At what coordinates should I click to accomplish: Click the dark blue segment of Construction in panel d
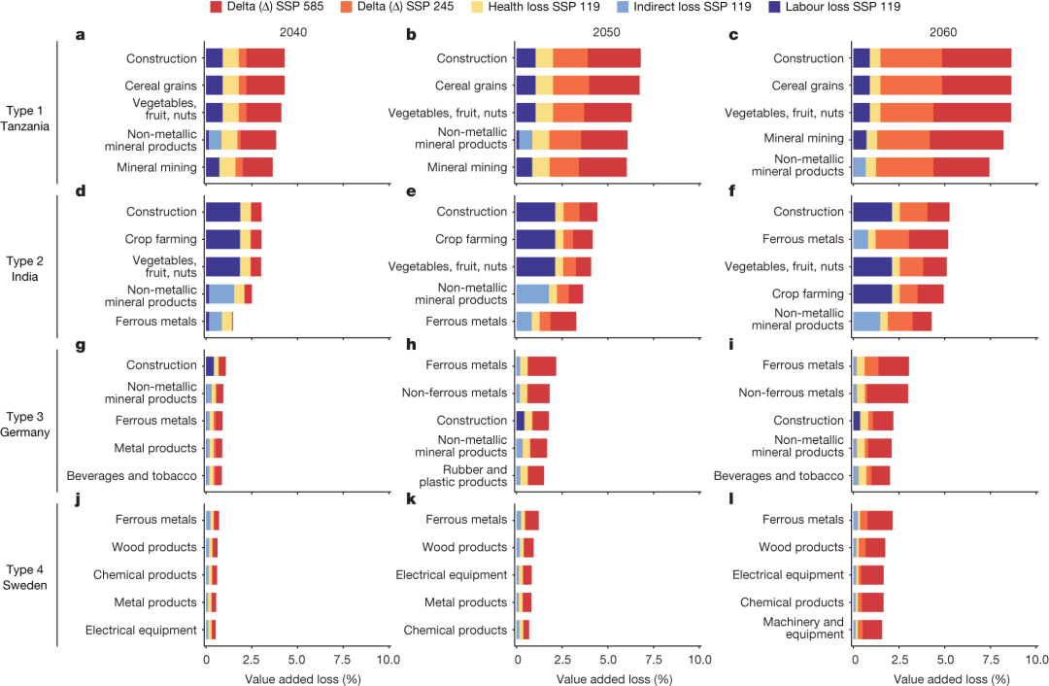click(x=222, y=212)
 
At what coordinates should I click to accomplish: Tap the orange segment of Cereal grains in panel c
click(x=910, y=86)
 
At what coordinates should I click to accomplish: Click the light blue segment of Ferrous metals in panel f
click(x=860, y=239)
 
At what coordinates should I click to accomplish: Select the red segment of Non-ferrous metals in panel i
click(x=887, y=393)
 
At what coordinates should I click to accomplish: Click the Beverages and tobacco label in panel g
click(x=132, y=476)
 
